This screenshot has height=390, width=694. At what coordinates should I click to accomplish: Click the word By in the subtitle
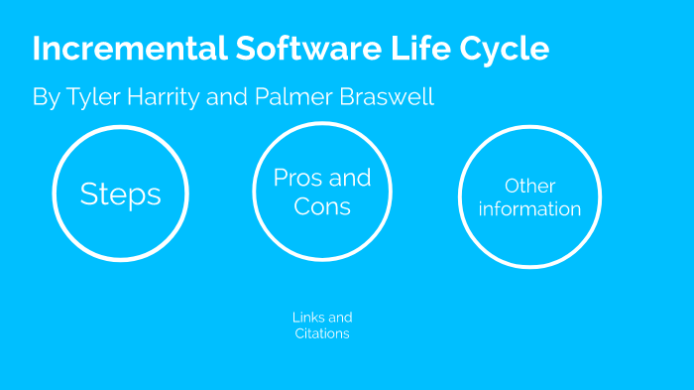pyautogui.click(x=46, y=98)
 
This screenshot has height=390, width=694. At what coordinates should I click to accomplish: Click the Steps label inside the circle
pyautogui.click(x=120, y=194)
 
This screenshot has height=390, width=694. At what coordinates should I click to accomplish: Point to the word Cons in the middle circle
pyautogui.click(x=322, y=206)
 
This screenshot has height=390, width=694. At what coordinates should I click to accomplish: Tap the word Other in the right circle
pyautogui.click(x=529, y=187)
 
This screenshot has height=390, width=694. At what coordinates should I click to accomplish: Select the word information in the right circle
pyautogui.click(x=529, y=209)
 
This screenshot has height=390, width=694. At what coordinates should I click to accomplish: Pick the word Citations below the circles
pyautogui.click(x=322, y=334)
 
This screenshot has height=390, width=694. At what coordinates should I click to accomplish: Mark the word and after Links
pyautogui.click(x=341, y=318)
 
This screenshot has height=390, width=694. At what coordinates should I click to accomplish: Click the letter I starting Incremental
pyautogui.click(x=37, y=50)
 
